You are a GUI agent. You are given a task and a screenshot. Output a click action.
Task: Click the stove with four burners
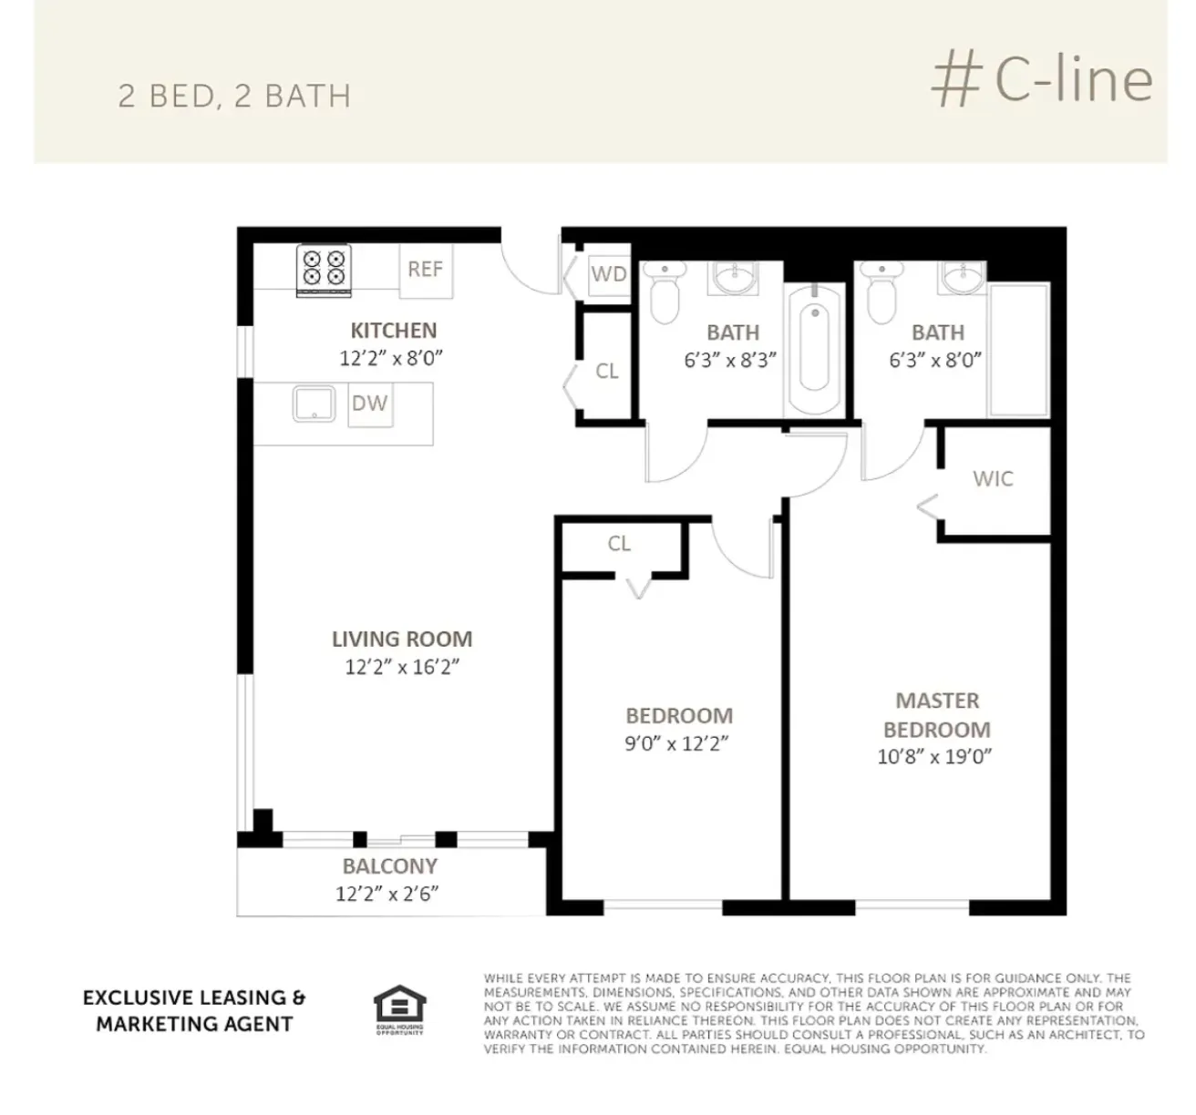click(325, 270)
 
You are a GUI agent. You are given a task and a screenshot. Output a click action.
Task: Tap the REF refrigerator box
click(425, 270)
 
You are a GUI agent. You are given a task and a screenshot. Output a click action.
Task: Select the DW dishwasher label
click(369, 404)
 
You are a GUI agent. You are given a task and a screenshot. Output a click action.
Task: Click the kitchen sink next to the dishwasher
click(314, 404)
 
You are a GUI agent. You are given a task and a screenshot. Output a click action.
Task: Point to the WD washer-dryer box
click(608, 273)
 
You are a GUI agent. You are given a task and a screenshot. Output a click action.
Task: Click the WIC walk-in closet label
click(993, 479)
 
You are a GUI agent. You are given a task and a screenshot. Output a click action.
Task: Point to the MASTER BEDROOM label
click(936, 715)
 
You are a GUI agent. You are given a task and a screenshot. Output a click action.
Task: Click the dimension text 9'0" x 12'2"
click(676, 744)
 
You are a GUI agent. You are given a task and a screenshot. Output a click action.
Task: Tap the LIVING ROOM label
click(402, 639)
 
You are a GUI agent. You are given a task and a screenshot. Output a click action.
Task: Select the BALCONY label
click(389, 866)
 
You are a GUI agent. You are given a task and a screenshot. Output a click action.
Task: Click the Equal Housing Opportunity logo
click(400, 1009)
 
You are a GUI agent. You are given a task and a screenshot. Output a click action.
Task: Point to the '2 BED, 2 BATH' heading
click(234, 97)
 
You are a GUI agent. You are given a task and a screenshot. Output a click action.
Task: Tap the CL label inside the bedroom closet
click(619, 544)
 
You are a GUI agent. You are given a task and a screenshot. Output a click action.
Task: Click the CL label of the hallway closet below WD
click(607, 372)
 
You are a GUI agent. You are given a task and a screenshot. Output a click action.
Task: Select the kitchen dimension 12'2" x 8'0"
click(391, 358)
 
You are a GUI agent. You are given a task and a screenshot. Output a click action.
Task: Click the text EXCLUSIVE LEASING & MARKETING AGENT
click(194, 1011)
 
